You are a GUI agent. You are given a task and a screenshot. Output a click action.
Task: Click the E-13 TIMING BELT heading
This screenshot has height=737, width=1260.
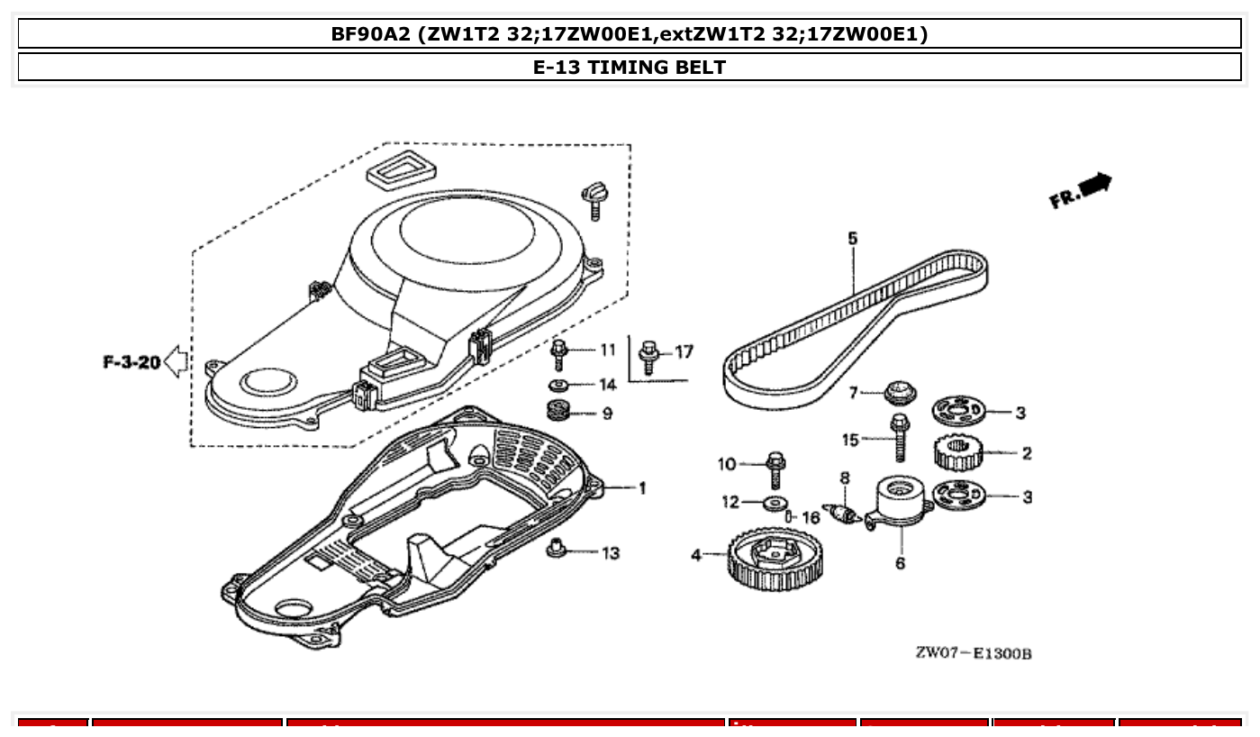630,67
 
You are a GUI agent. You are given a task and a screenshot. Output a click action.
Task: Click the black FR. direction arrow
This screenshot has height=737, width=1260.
1093,187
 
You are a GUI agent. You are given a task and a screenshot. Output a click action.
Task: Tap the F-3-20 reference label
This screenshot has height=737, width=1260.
131,363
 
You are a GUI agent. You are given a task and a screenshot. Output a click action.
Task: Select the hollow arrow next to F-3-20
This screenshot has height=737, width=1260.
177,362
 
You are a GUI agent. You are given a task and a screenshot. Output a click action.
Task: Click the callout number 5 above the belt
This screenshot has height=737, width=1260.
852,239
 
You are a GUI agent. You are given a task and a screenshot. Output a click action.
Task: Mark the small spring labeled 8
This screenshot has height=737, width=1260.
844,514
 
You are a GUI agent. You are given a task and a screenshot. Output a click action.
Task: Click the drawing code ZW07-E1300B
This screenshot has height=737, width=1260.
973,652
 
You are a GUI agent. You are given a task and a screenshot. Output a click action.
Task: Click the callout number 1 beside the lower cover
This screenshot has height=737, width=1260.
641,487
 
